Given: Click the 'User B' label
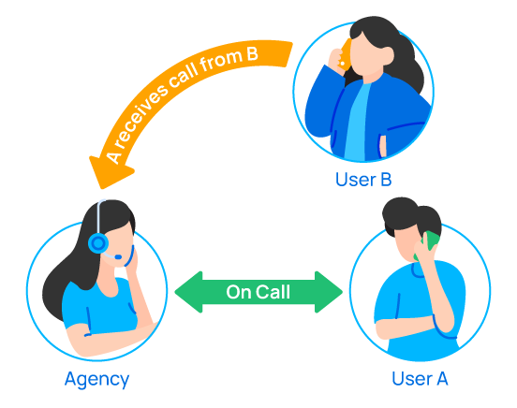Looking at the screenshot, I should coord(362,178).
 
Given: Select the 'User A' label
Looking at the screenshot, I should coord(420,379).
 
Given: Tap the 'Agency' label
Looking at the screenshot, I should coord(96,379).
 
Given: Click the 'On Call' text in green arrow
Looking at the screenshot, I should coord(258,292).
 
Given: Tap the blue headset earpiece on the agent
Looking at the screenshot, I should coord(97,243).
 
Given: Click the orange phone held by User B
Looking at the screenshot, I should coord(344,51).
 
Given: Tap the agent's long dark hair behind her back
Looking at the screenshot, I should coord(58,281).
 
